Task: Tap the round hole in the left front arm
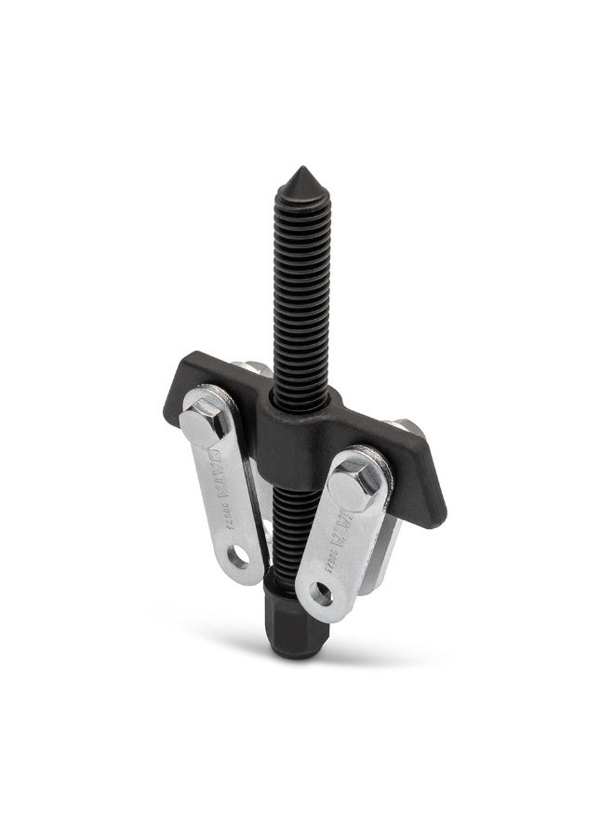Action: point(241,558)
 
